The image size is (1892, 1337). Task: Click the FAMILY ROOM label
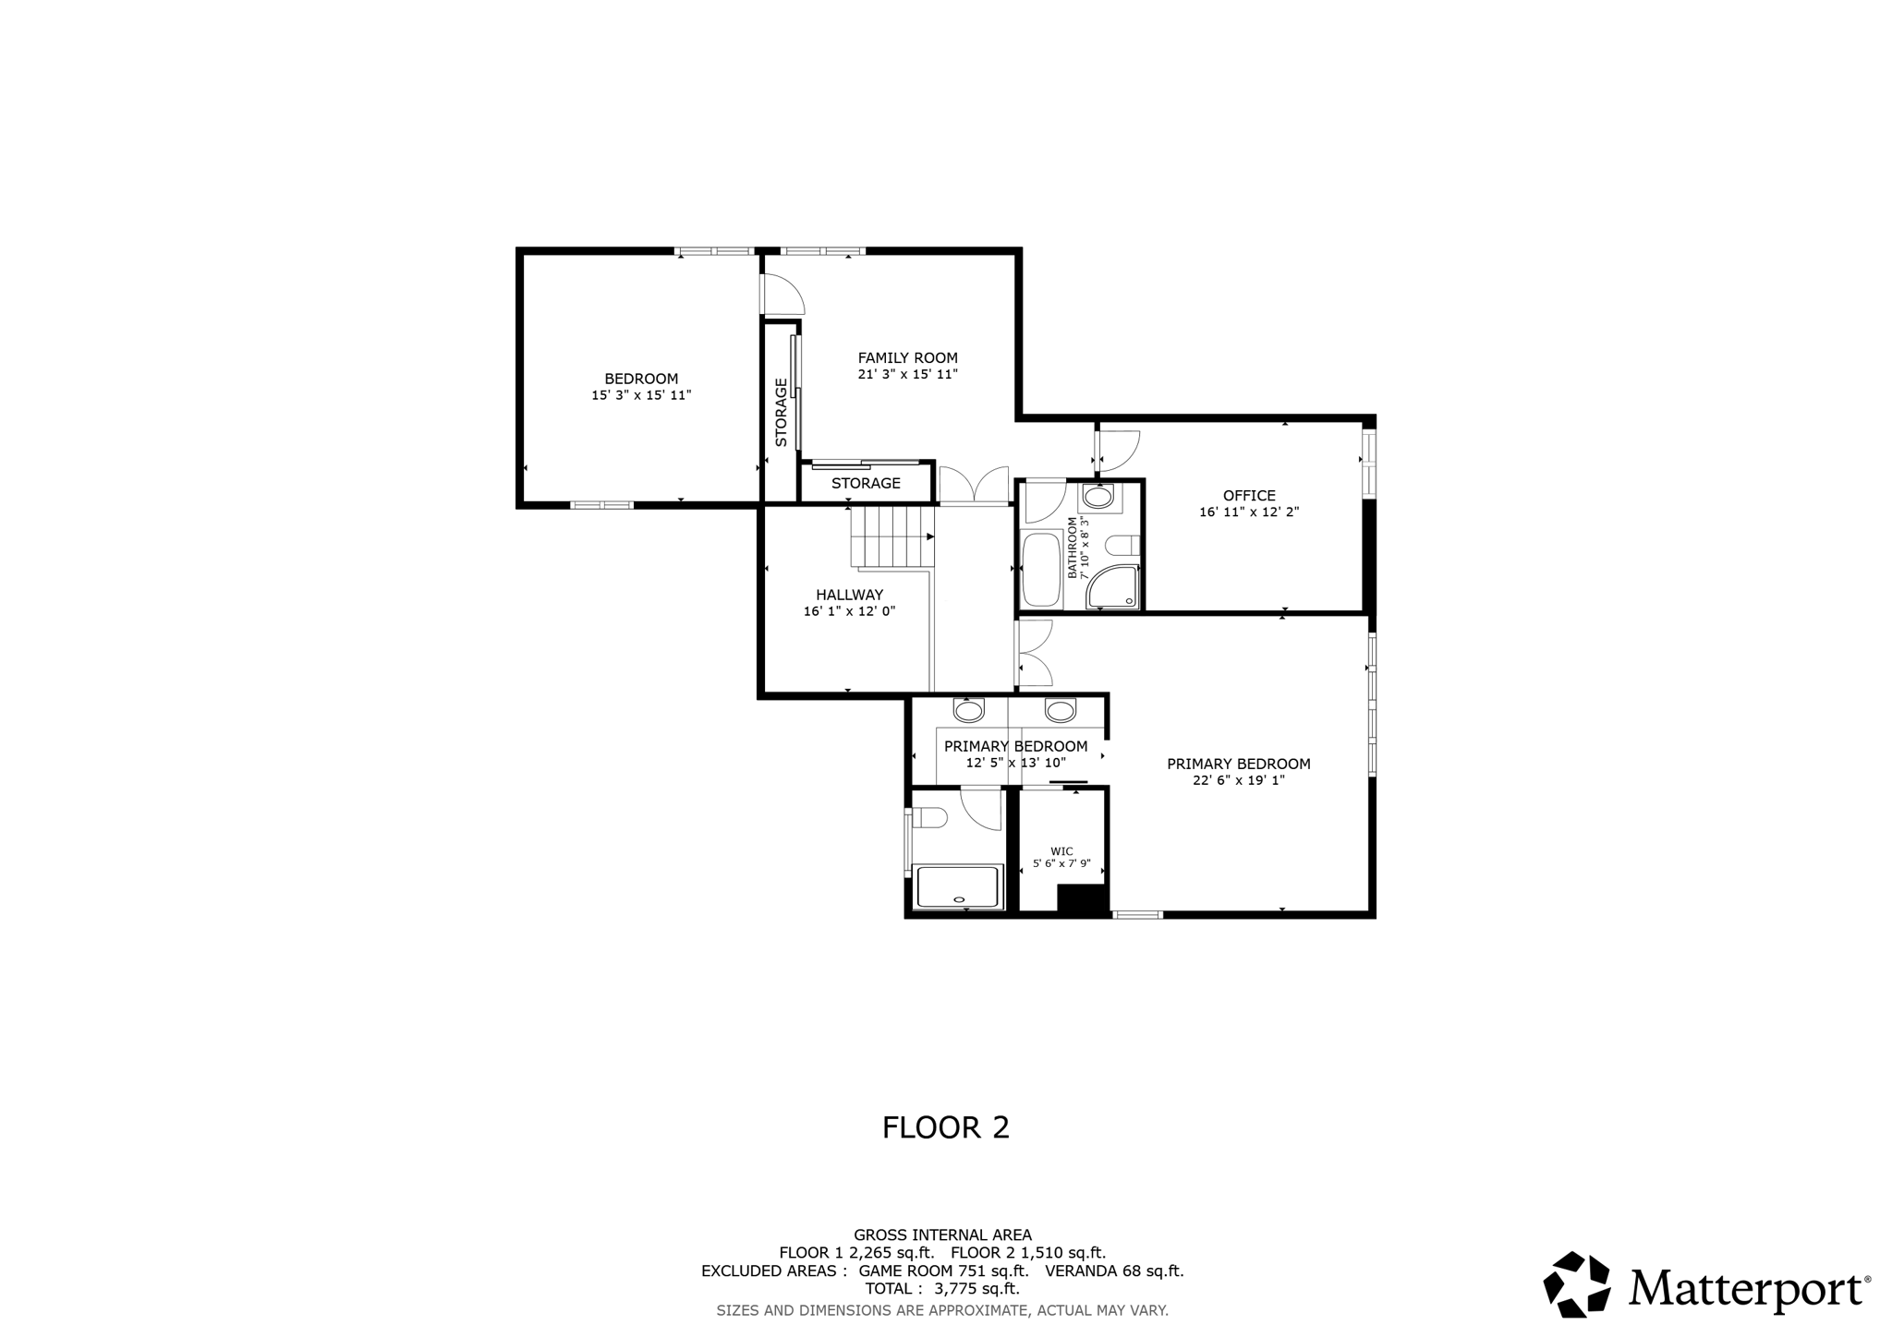pyautogui.click(x=907, y=358)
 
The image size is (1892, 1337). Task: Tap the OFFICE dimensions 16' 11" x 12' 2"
pyautogui.click(x=1249, y=512)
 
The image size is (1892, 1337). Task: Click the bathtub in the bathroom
pyautogui.click(x=1041, y=570)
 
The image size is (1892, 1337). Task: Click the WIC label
pyautogui.click(x=1061, y=851)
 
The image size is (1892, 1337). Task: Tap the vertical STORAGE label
pyautogui.click(x=782, y=412)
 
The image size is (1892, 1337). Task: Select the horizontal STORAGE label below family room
pyautogui.click(x=866, y=484)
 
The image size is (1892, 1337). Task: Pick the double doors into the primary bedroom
pyautogui.click(x=1034, y=653)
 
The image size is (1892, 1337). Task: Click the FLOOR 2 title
pyautogui.click(x=945, y=1127)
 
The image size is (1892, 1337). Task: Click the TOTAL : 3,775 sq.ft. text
pyautogui.click(x=942, y=1288)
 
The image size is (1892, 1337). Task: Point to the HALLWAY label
pyautogui.click(x=849, y=596)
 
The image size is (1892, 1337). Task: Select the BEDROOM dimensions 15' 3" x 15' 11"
pyautogui.click(x=641, y=395)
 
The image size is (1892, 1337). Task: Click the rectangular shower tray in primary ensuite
pyautogui.click(x=958, y=886)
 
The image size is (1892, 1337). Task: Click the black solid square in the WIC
pyautogui.click(x=1082, y=899)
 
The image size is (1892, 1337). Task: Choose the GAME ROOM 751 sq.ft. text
pyautogui.click(x=943, y=1271)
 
